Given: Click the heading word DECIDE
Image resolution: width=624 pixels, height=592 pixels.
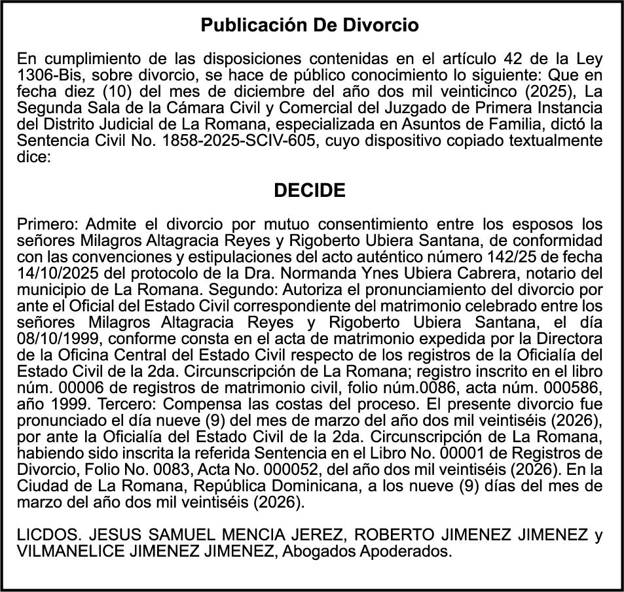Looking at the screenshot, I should click(309, 191).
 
